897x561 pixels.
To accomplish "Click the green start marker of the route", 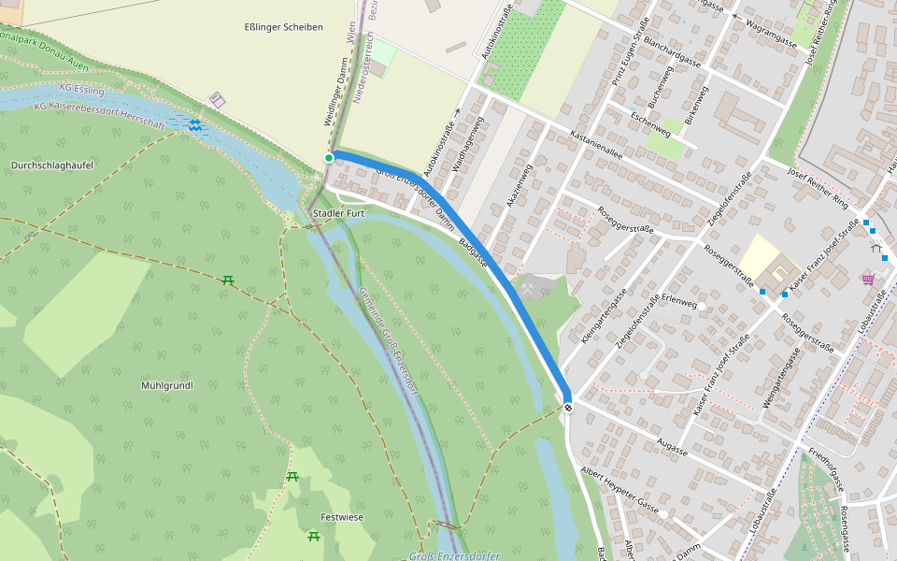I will click(x=329, y=158).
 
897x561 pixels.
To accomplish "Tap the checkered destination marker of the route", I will click(x=568, y=406).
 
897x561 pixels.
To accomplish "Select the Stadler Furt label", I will click(x=339, y=214).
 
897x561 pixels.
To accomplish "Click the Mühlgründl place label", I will click(x=166, y=385).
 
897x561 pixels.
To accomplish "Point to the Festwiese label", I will click(x=342, y=517).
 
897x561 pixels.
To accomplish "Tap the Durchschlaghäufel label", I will click(x=52, y=165).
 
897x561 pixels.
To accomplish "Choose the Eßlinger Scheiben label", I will click(x=283, y=27).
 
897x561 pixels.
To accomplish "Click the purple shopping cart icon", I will click(x=868, y=278).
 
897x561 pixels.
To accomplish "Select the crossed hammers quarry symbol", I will click(x=530, y=290).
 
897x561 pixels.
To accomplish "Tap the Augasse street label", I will click(x=672, y=446).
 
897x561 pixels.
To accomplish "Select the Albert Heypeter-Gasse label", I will click(x=620, y=487).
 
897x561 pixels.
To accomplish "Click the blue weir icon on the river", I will click(x=194, y=124).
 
